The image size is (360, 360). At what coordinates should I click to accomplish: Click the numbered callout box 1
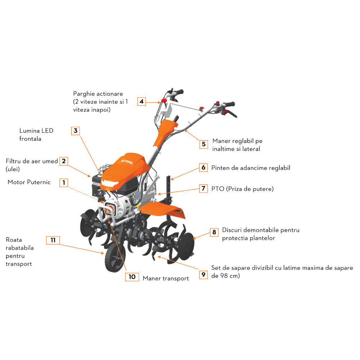click(64, 183)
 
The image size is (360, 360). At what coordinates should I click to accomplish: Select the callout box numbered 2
click(64, 161)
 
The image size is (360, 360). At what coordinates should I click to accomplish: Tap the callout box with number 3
click(75, 131)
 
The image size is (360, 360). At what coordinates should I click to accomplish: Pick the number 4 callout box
click(141, 102)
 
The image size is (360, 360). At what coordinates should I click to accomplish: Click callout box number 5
click(204, 144)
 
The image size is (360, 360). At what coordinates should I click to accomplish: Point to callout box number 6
click(203, 168)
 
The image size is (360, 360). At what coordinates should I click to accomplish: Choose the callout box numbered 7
click(203, 188)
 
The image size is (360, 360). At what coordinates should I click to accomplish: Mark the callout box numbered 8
click(214, 232)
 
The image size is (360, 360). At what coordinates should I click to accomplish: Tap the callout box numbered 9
click(203, 275)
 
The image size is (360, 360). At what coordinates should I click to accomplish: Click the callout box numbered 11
click(53, 240)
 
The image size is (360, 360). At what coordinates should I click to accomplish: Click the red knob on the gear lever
click(164, 100)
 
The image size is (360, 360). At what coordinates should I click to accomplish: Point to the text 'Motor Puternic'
click(29, 183)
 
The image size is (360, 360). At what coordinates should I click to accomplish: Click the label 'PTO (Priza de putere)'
click(242, 189)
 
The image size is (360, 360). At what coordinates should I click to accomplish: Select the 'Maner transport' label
click(166, 278)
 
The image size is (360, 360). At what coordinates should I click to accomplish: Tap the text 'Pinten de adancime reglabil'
click(251, 168)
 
